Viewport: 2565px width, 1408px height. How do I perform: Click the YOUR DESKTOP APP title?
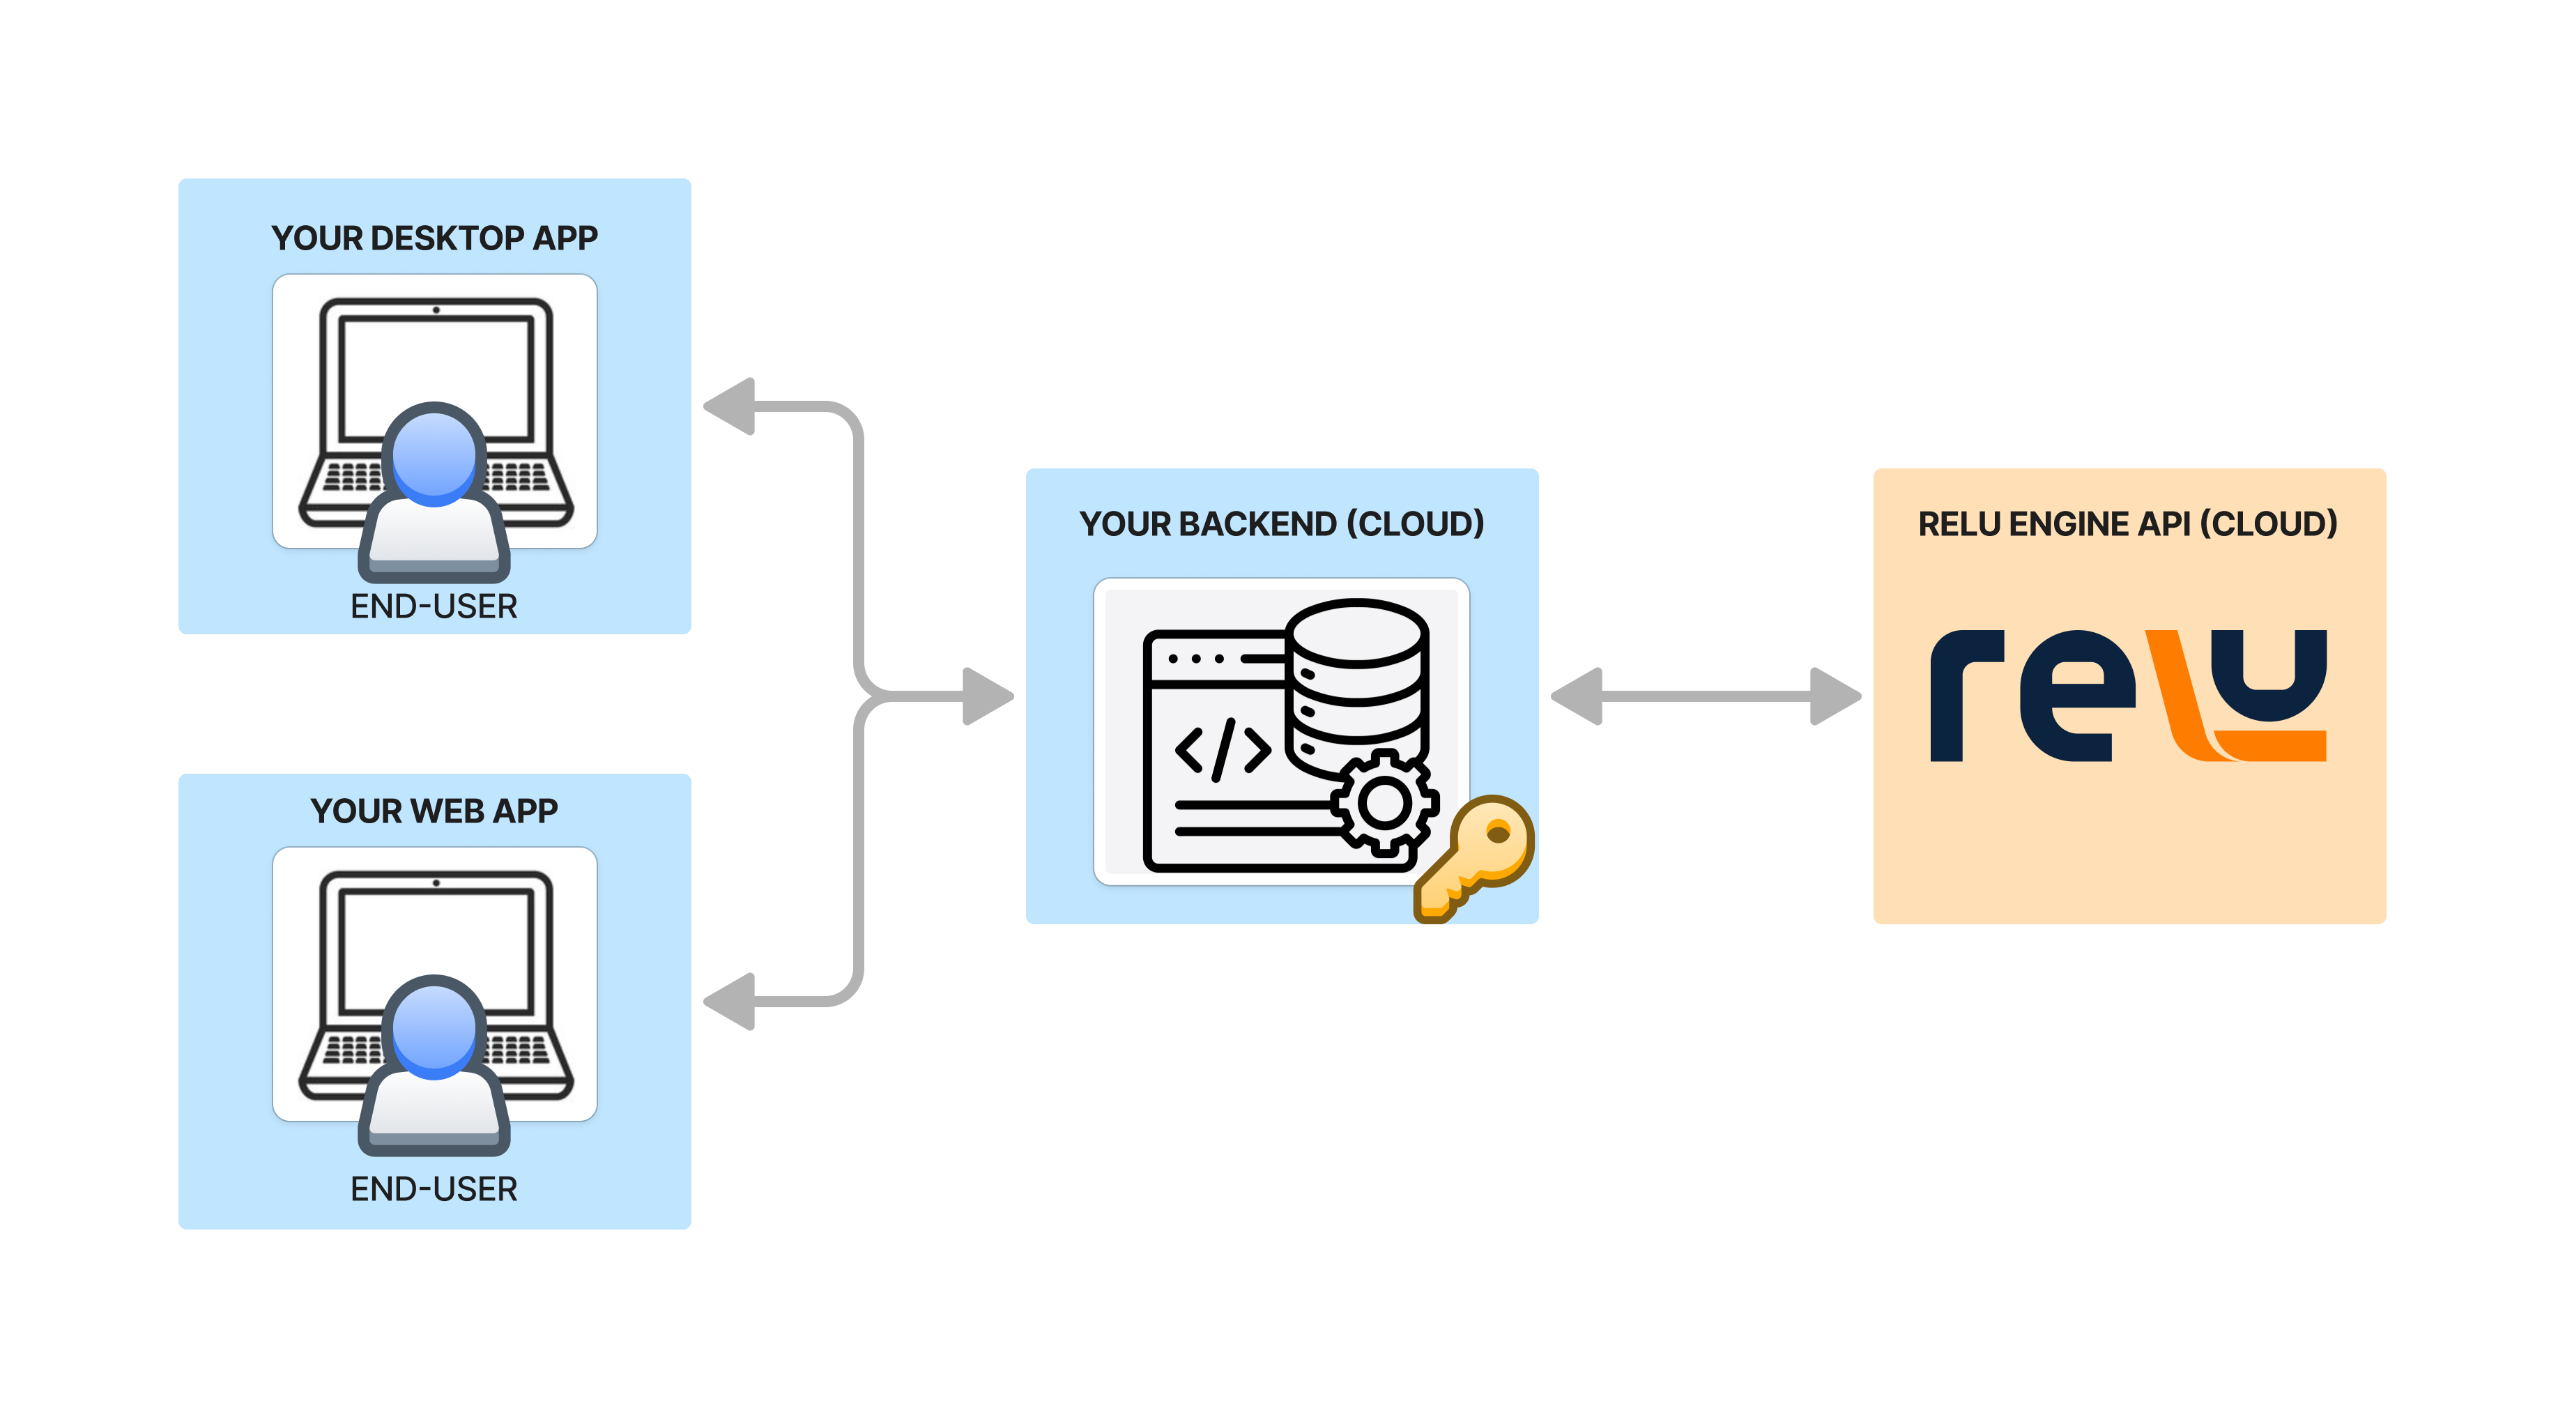point(434,238)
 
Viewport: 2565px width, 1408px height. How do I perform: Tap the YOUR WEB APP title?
point(434,811)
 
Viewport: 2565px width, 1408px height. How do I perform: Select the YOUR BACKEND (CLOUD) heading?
point(1282,523)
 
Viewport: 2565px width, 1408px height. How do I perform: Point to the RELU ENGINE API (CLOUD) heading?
point(2128,523)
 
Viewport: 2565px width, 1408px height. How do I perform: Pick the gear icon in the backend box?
point(1384,802)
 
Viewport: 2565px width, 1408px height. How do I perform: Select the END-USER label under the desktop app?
point(434,606)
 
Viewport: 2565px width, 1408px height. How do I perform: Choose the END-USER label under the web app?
point(434,1189)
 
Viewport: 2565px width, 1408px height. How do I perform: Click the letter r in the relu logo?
point(1961,696)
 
